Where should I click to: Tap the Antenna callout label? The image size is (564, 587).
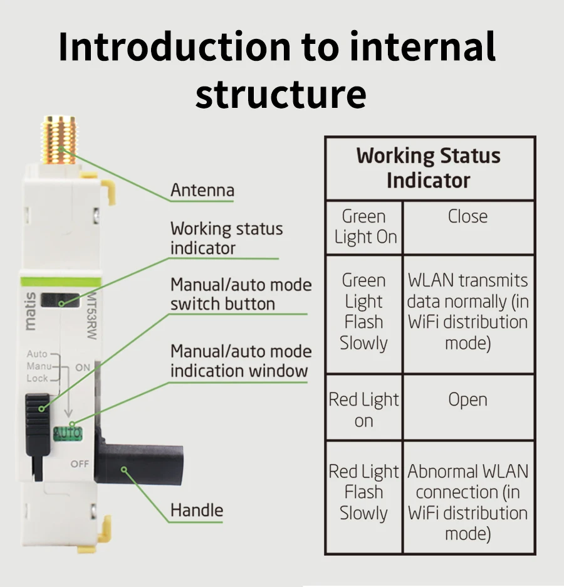click(202, 190)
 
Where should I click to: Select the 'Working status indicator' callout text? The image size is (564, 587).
click(226, 238)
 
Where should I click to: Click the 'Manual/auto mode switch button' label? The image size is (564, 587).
click(241, 294)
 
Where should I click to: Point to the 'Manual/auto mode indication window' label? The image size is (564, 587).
click(241, 361)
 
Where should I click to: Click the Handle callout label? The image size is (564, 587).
click(196, 510)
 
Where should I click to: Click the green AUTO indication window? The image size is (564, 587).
click(67, 433)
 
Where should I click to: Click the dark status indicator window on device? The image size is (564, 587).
click(60, 300)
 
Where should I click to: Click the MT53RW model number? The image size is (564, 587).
click(90, 307)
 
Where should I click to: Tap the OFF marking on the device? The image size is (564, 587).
click(80, 464)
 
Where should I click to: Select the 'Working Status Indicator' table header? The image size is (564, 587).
click(429, 167)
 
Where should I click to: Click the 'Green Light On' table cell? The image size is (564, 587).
click(364, 227)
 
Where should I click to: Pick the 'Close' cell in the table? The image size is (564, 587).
click(467, 216)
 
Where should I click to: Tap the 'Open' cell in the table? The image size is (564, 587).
click(467, 399)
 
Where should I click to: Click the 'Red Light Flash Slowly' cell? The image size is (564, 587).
click(363, 492)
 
